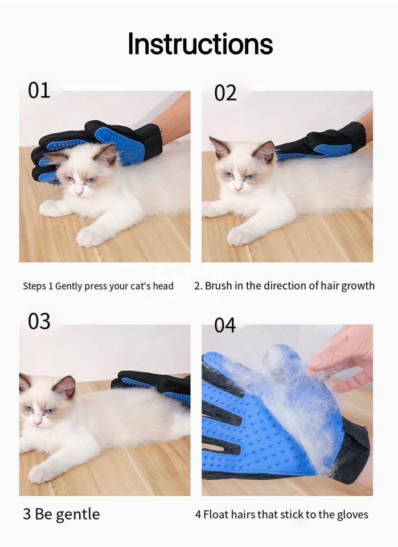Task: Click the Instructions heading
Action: coord(200,44)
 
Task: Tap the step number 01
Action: coord(39,91)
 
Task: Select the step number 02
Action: coord(225,93)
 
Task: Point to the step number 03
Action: coord(39,321)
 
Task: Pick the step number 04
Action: coord(225,325)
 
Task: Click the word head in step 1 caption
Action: coord(163,286)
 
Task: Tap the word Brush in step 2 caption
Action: coord(219,285)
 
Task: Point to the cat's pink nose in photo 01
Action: coord(79,190)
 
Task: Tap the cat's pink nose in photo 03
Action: coord(36,422)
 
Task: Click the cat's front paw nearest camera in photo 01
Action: coord(90,236)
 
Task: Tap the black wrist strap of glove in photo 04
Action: coord(355,451)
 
